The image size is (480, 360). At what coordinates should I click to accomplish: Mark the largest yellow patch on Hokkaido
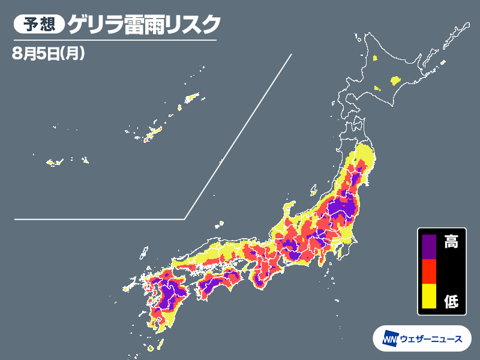tap(395, 79)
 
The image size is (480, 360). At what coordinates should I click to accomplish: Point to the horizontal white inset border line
tap(99, 219)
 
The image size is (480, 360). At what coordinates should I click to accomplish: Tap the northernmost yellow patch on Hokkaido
tap(374, 58)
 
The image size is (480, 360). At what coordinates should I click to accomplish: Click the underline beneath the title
tap(114, 40)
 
